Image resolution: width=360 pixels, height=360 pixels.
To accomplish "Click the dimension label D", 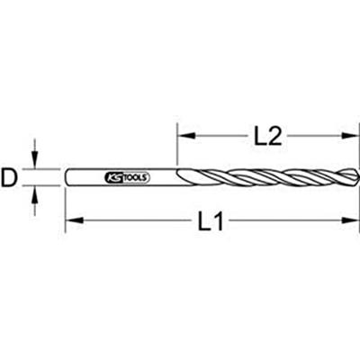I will click(11, 178).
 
